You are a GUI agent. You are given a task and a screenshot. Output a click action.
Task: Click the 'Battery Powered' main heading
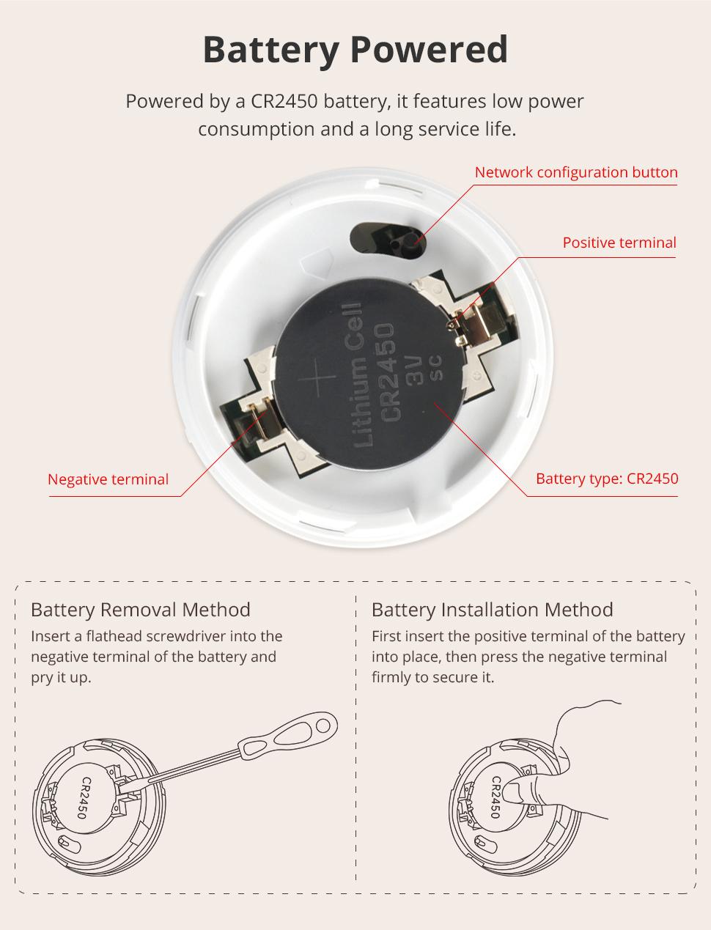click(355, 50)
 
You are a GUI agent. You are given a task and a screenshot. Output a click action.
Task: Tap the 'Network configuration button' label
click(575, 172)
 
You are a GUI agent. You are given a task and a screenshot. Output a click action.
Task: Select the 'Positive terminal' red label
click(619, 243)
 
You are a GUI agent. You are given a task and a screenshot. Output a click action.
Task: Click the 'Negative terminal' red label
click(108, 479)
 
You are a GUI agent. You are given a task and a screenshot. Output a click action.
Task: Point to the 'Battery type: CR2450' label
click(606, 479)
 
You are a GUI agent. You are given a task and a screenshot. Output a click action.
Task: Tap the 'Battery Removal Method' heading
click(141, 610)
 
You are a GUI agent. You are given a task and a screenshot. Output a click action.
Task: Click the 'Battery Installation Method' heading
click(492, 610)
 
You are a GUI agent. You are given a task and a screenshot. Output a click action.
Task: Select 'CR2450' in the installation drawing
click(495, 797)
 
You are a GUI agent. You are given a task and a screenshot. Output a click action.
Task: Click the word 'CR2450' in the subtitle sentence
click(284, 101)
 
